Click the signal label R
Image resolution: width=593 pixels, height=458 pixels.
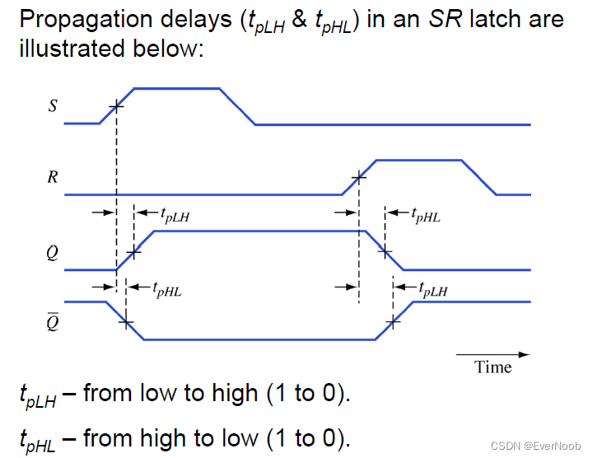pyautogui.click(x=53, y=177)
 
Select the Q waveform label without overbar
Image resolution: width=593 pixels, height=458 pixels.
pyautogui.click(x=53, y=253)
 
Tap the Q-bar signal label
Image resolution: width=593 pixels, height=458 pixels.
pyautogui.click(x=53, y=320)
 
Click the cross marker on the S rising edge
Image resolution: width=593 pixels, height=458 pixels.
pyautogui.click(x=116, y=105)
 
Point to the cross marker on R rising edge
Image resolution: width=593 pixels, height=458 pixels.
pyautogui.click(x=358, y=176)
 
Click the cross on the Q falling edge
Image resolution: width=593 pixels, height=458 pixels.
pyautogui.click(x=385, y=250)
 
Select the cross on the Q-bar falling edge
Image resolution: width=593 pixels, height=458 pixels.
pyautogui.click(x=125, y=321)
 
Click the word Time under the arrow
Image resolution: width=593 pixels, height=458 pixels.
pyautogui.click(x=493, y=367)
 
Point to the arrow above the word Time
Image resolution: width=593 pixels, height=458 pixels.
pyautogui.click(x=494, y=354)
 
